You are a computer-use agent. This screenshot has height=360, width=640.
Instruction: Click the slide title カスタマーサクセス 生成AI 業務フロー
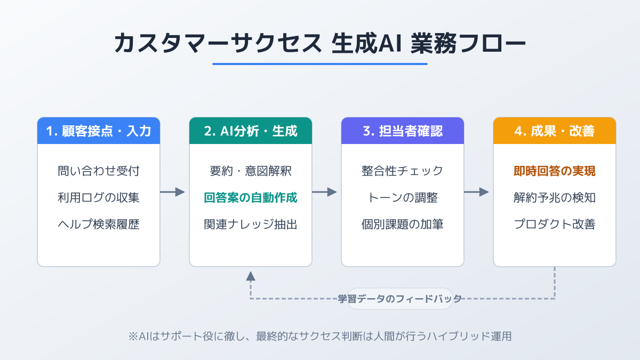click(320, 43)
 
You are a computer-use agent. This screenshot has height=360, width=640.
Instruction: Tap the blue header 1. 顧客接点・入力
click(99, 131)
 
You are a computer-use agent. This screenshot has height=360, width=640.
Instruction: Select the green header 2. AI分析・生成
click(251, 131)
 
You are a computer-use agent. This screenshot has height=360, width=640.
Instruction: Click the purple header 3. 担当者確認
click(403, 131)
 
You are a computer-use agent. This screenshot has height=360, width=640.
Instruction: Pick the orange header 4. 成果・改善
click(555, 131)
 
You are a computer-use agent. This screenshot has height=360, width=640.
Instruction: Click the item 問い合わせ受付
click(99, 171)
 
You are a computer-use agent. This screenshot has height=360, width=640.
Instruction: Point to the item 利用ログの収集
click(99, 198)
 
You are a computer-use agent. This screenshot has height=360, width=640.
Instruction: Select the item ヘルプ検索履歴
click(99, 225)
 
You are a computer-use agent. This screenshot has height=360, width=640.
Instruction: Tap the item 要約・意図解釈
click(251, 171)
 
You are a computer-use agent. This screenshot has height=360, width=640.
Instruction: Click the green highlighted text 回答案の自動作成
click(251, 198)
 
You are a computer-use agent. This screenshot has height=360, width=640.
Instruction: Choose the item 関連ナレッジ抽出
click(251, 225)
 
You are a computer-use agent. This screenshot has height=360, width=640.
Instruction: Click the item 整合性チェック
click(403, 171)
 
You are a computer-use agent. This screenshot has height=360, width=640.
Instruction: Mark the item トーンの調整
click(403, 198)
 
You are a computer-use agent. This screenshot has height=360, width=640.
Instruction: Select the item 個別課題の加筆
click(403, 225)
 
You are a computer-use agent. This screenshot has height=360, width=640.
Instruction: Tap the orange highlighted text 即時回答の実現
click(555, 171)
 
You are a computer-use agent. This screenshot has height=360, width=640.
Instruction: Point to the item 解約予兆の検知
click(555, 198)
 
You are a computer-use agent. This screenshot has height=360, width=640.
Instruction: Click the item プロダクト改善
click(555, 225)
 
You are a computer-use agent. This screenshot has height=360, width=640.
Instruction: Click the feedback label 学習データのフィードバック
click(400, 299)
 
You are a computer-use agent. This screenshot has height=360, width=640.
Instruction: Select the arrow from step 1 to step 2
click(172, 192)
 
